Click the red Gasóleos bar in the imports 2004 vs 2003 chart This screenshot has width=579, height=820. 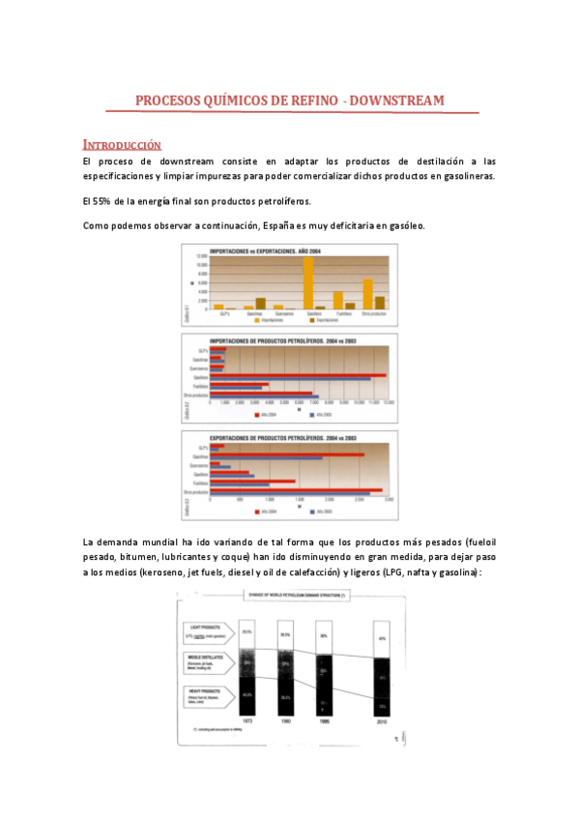click(300, 375)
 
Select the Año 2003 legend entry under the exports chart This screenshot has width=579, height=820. click(320, 510)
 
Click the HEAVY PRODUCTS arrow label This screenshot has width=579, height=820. click(206, 694)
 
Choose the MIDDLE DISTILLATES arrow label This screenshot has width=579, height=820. click(206, 663)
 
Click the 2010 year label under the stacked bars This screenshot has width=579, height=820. click(384, 721)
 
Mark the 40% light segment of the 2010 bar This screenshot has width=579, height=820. click(384, 638)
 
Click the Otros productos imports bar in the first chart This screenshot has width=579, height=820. click(367, 293)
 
